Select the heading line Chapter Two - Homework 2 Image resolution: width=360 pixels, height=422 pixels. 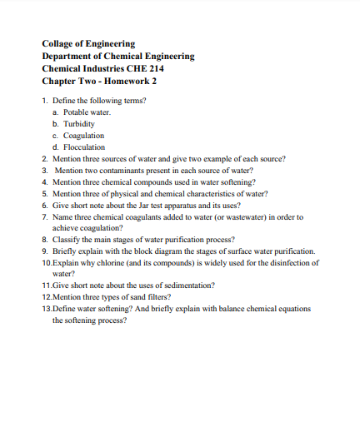point(99,81)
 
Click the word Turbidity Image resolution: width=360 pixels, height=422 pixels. point(79,123)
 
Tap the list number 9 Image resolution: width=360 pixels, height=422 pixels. point(44,251)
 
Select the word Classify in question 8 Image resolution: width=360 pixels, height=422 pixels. point(67,239)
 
